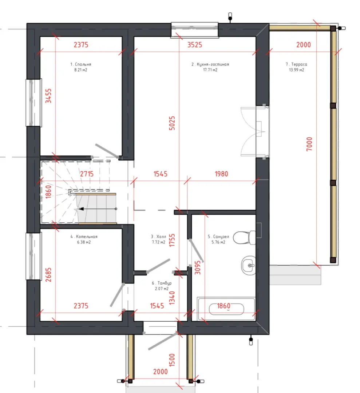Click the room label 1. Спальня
click(81, 64)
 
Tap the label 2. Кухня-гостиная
click(210, 64)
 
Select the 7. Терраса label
click(296, 64)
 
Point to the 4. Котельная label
click(84, 237)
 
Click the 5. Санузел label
click(218, 237)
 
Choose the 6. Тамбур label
click(162, 283)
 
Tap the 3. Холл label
click(158, 237)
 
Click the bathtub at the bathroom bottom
click(226, 309)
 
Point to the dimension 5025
click(172, 123)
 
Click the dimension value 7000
click(309, 144)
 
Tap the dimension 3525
click(194, 45)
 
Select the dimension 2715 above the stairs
click(87, 174)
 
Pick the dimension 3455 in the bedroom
click(48, 96)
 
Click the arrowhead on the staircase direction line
click(81, 209)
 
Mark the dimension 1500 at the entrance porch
click(172, 360)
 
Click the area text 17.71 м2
click(210, 70)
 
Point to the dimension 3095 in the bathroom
click(198, 267)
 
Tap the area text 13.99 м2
click(296, 70)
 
